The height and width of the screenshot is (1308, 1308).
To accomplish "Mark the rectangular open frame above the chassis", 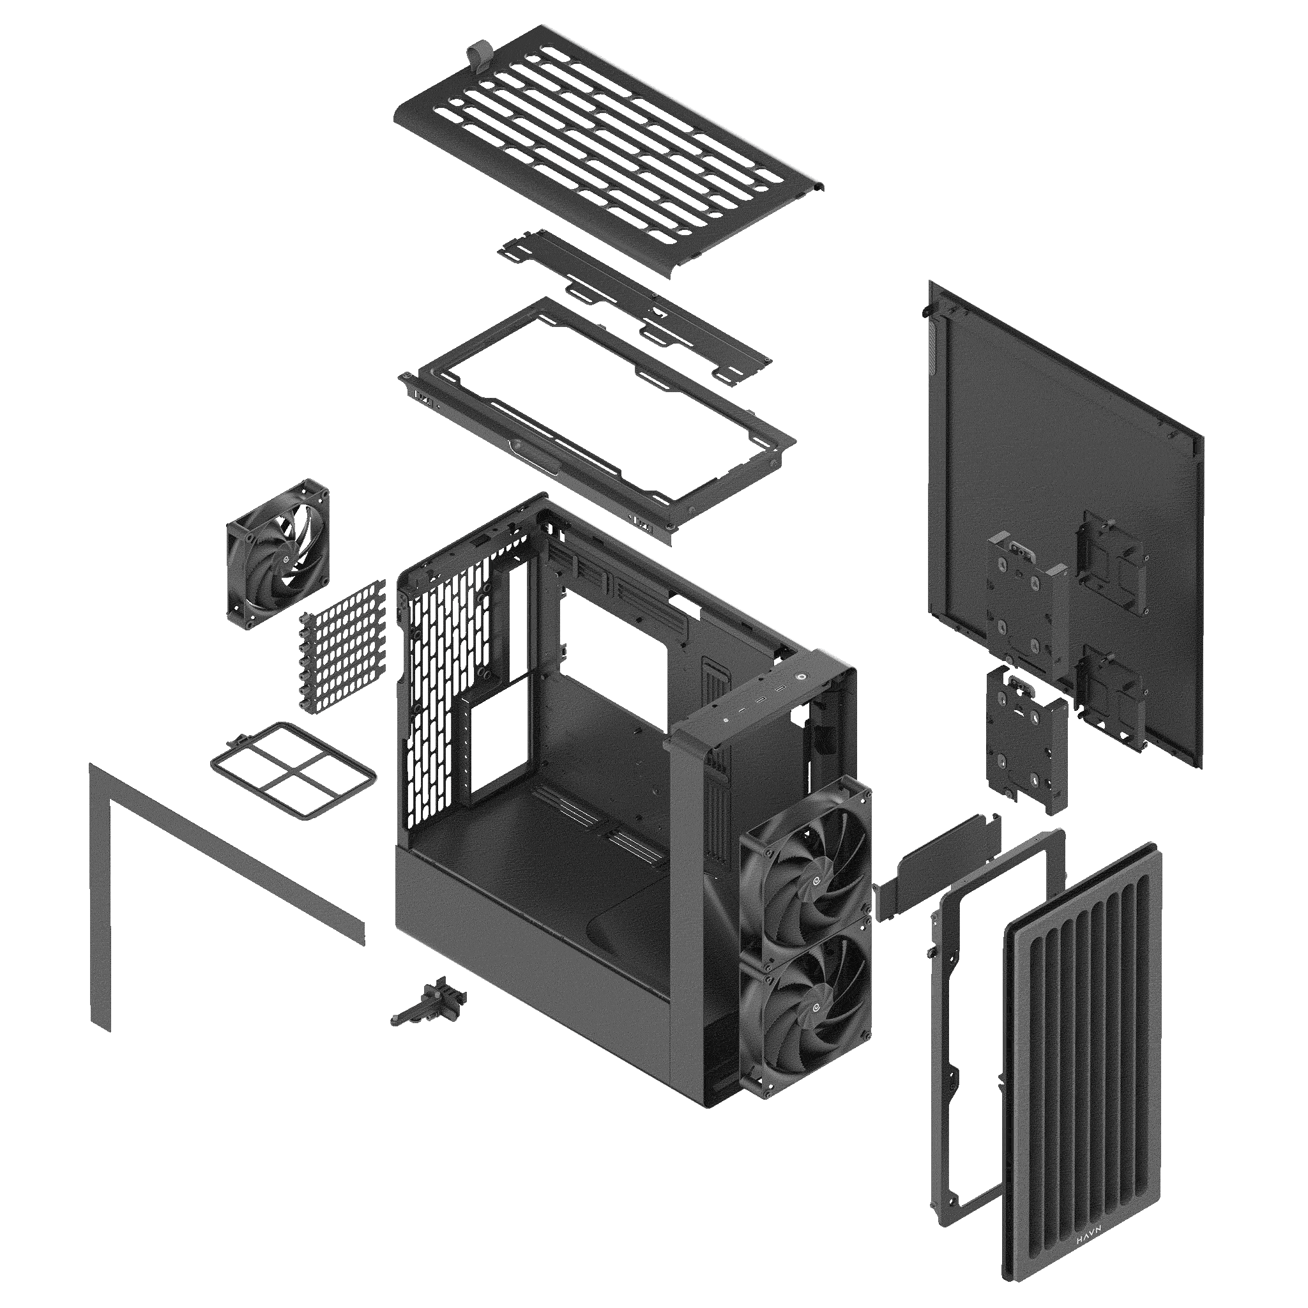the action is [596, 420].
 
